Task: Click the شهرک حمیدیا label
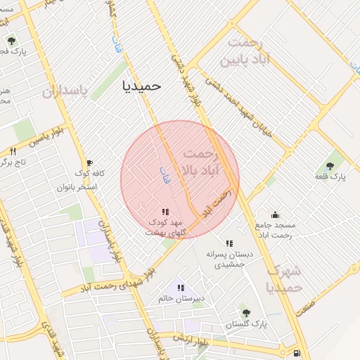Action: [x=284, y=279]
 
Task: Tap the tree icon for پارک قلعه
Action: [x=330, y=166]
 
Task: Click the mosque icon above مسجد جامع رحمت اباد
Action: [x=275, y=214]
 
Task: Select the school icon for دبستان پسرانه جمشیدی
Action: [x=229, y=243]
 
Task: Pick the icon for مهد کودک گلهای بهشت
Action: [x=165, y=212]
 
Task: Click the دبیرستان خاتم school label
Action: [x=181, y=298]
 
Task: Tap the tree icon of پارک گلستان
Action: [x=245, y=313]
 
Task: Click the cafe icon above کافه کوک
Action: [x=89, y=162]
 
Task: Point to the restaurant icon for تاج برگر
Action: [x=13, y=151]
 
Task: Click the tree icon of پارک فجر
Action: [x=11, y=40]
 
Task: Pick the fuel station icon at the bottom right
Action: [x=297, y=353]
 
